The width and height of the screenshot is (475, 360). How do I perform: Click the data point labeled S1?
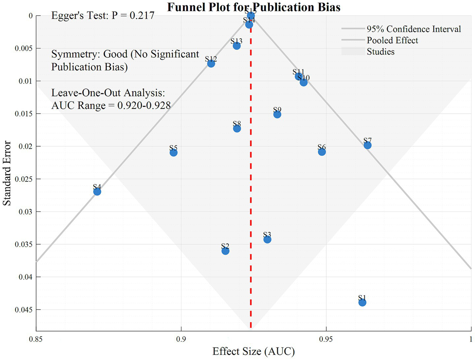tap(362, 302)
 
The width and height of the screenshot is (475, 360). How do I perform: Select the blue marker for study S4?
tap(97, 192)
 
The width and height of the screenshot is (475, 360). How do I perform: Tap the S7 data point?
tap(368, 145)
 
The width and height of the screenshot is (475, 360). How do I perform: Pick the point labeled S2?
tap(225, 251)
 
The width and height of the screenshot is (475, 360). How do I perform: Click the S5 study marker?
tap(173, 152)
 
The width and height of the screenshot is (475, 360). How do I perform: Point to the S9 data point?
tap(277, 115)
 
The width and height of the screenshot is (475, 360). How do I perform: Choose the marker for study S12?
tap(211, 63)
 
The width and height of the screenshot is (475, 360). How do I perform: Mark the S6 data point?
tap(322, 152)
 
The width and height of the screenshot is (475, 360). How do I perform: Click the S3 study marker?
tap(267, 239)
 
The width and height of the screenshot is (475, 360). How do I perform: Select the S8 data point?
tap(237, 128)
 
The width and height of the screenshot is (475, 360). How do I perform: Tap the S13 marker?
tap(237, 46)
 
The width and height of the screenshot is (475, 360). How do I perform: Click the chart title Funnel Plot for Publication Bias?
tap(253, 7)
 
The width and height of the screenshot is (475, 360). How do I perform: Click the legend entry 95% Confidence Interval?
tap(413, 29)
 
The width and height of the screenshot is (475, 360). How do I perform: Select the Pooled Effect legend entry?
tap(392, 40)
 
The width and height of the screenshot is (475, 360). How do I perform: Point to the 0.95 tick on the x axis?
tap(326, 339)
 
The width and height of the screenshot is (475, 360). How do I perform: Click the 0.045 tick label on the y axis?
tap(24, 310)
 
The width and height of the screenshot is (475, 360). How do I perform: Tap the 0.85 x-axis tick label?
tap(36, 339)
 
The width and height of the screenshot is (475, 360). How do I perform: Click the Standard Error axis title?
tap(7, 173)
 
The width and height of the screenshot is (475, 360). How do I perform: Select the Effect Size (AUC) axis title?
tap(253, 351)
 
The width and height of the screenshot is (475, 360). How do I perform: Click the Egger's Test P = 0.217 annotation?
tap(103, 16)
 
